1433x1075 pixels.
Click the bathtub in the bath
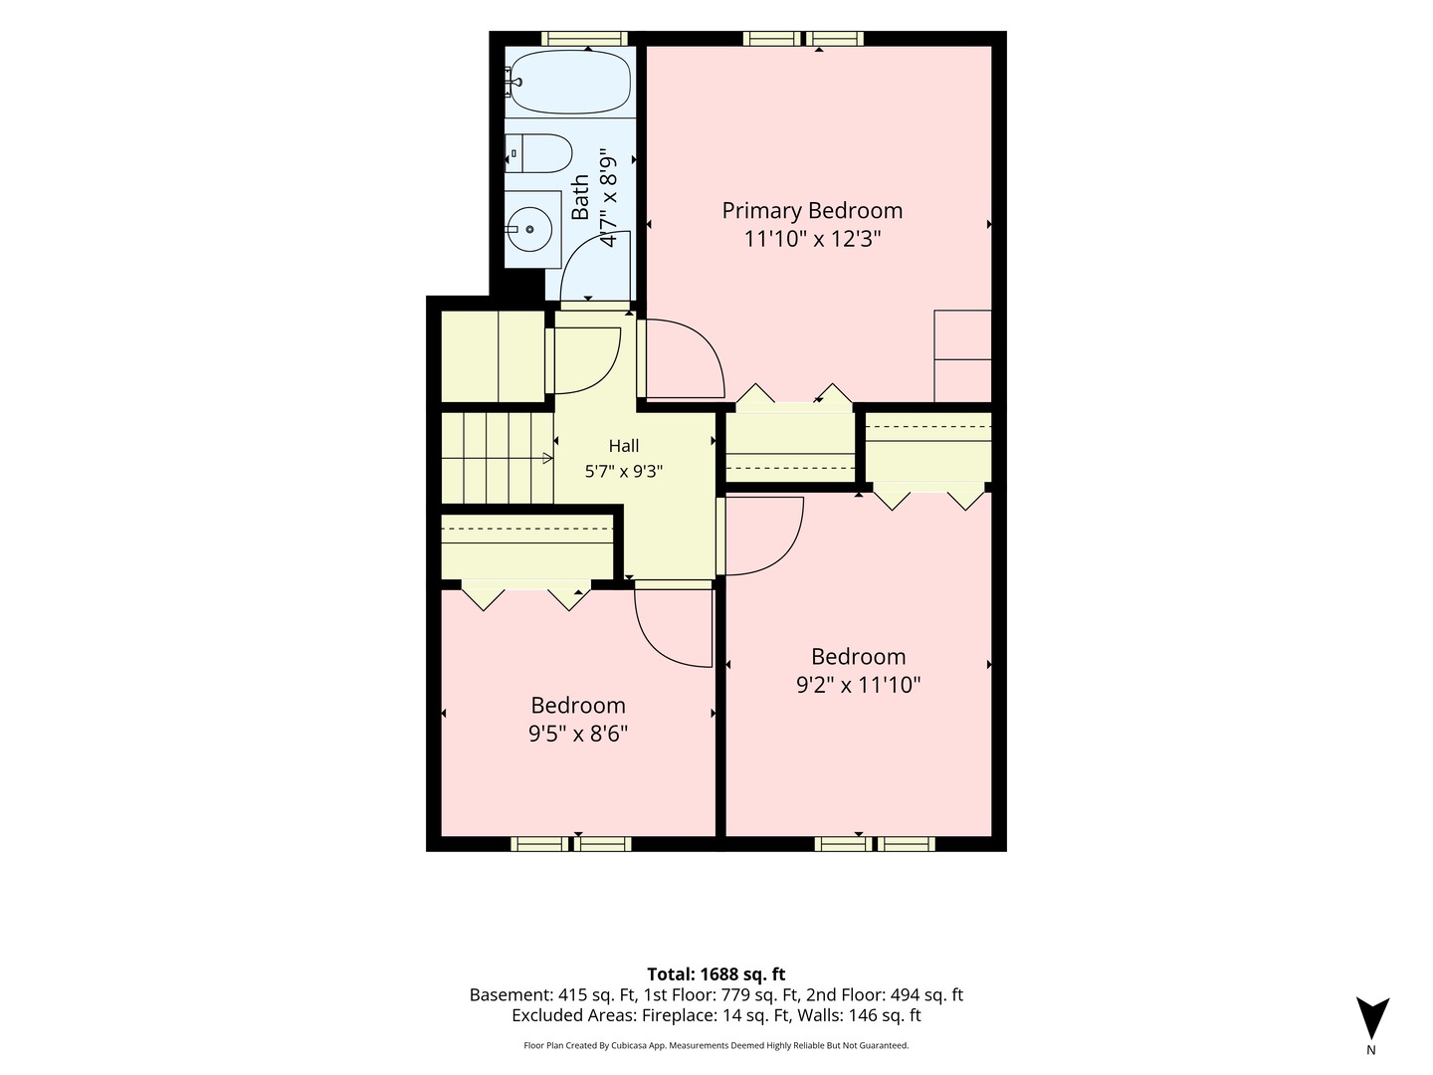(570, 83)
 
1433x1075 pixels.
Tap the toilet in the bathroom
(538, 153)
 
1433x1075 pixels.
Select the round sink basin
(530, 229)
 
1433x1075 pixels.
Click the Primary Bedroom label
(812, 210)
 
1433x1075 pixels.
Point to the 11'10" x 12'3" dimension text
(812, 239)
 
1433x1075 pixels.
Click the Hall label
(624, 446)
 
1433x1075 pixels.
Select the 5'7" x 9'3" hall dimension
(624, 471)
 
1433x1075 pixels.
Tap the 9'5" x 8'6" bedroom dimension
(578, 735)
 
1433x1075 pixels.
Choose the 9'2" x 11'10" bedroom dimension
(859, 685)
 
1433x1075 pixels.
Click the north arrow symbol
(1372, 1017)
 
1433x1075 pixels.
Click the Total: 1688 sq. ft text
(716, 974)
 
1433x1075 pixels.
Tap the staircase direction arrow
(547, 458)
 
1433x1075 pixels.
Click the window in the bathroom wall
(584, 39)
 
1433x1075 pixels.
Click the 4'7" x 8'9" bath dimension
(608, 200)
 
